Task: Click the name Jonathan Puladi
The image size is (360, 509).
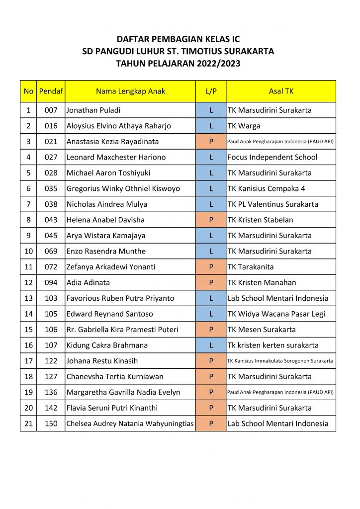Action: tap(93, 110)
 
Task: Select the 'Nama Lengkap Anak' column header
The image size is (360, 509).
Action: tap(130, 91)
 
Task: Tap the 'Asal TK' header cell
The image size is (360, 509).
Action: tap(281, 91)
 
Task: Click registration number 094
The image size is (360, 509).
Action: tap(51, 283)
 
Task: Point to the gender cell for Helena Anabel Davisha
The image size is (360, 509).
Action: tap(211, 220)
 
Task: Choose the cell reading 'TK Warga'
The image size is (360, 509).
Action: tap(244, 126)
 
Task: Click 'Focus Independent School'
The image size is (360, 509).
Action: tap(272, 158)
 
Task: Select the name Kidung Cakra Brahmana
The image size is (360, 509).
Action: tap(107, 345)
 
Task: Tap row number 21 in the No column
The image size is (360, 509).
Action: tap(28, 424)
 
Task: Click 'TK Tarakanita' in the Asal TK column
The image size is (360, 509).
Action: tap(251, 267)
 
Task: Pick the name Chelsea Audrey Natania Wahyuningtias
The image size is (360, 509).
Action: tap(130, 424)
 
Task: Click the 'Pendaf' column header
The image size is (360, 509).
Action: tap(51, 91)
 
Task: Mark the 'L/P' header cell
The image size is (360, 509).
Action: tap(211, 91)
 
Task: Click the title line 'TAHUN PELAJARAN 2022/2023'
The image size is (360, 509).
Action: tap(178, 63)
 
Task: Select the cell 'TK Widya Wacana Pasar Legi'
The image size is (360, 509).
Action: tap(276, 314)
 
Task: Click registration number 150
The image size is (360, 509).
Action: tap(51, 424)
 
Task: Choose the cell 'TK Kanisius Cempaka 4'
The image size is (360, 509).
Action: tap(267, 189)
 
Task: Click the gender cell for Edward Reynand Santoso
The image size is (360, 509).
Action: tap(211, 314)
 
